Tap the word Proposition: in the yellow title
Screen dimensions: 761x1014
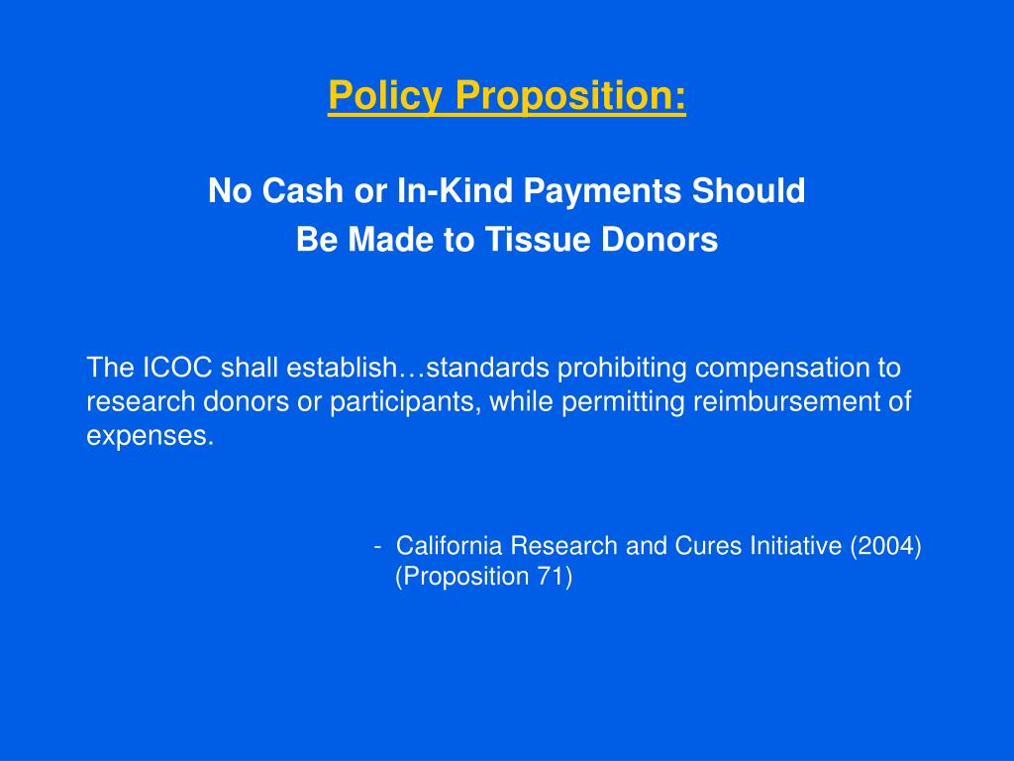click(570, 96)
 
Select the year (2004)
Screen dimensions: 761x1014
click(885, 546)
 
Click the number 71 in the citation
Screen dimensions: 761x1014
click(554, 578)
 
